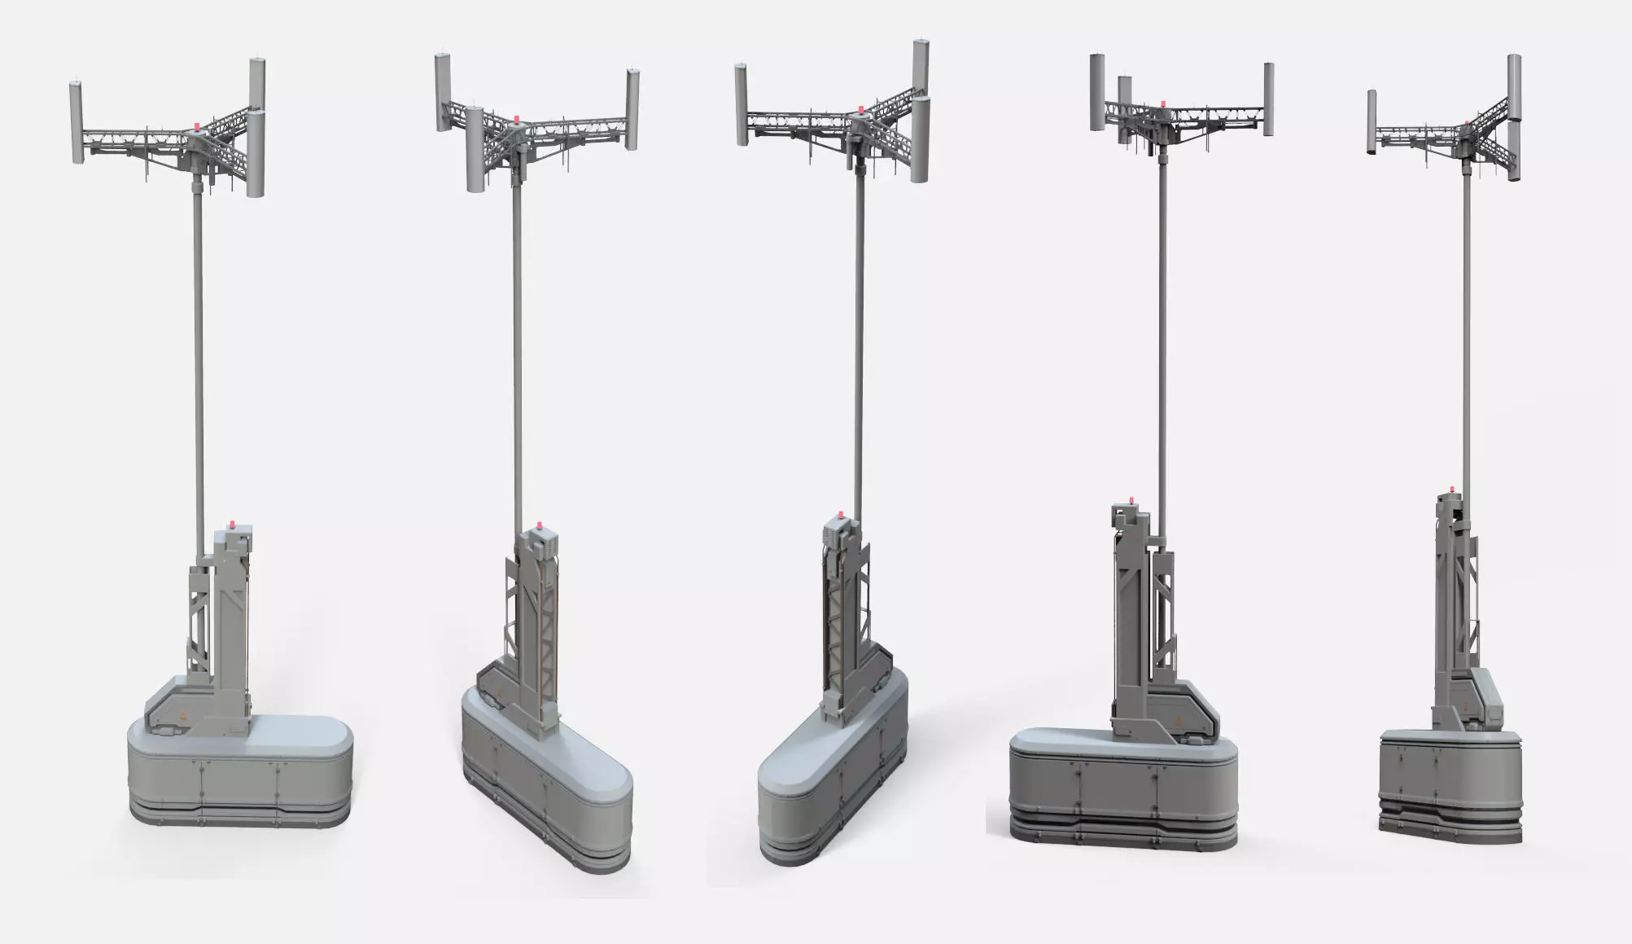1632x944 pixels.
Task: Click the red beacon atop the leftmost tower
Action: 195,127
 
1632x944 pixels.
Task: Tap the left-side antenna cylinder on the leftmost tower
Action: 76,121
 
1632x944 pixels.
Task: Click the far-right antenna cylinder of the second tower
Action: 633,110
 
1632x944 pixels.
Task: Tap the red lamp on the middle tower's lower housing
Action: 838,516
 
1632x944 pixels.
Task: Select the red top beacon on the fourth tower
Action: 1162,104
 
